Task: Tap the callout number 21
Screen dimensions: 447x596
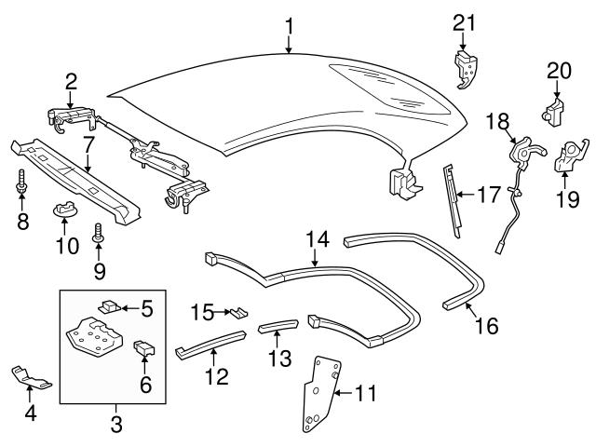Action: [464, 22]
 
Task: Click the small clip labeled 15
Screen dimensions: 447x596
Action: [239, 313]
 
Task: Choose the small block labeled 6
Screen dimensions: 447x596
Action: [144, 350]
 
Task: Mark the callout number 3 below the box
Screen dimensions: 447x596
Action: [115, 427]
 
